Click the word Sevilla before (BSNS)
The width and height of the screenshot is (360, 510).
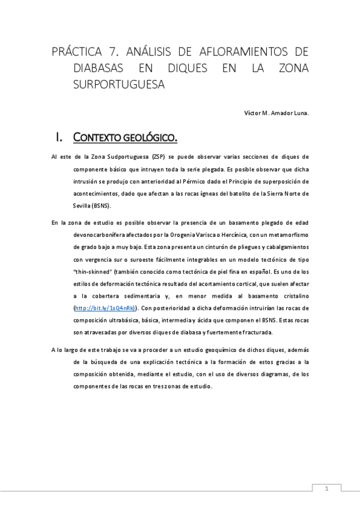pos(82,206)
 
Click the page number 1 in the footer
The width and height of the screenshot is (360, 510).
pos(326,488)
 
